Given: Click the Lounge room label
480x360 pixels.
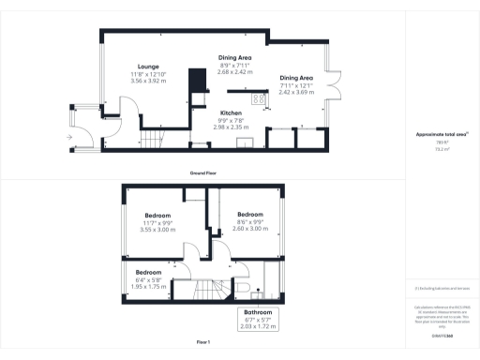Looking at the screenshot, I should pyautogui.click(x=148, y=66).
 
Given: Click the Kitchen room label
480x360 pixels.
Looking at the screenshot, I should pyautogui.click(x=231, y=112).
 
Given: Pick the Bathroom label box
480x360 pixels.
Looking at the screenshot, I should pyautogui.click(x=259, y=319).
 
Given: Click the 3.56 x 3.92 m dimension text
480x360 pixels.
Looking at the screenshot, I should pyautogui.click(x=148, y=81).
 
